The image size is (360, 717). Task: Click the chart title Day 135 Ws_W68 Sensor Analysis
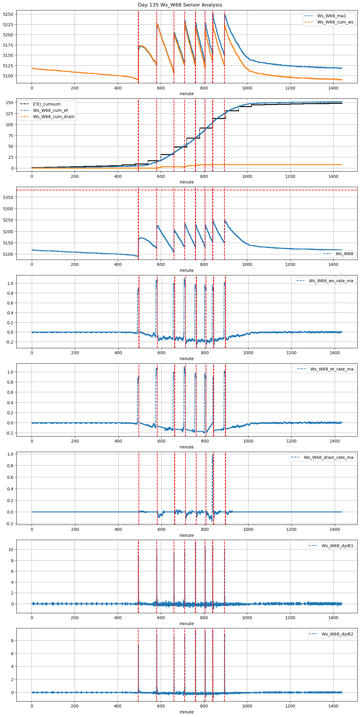[x=180, y=5]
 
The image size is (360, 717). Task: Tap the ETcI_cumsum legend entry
[x=47, y=104]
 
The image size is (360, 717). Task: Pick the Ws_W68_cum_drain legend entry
[x=54, y=117]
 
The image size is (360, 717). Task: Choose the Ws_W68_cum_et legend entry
[x=50, y=110]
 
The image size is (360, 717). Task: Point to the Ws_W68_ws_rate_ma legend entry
[x=331, y=281]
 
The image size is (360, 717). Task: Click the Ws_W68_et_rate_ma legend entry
[x=332, y=369]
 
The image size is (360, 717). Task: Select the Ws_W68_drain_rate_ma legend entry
[x=328, y=457]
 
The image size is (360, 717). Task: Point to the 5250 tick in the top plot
[x=8, y=14]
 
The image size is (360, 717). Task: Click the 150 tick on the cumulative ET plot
[x=10, y=103]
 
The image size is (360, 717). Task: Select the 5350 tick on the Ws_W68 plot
[x=8, y=197]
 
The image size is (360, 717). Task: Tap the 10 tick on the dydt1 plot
[x=11, y=550]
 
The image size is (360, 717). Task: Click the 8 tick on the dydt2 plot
[x=12, y=640]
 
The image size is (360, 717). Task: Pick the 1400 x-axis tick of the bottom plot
[x=333, y=707]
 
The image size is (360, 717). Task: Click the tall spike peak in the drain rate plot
[x=212, y=455]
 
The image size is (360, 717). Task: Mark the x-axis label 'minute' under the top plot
[x=186, y=94]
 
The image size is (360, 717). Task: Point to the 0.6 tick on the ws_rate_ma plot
[x=10, y=303]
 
